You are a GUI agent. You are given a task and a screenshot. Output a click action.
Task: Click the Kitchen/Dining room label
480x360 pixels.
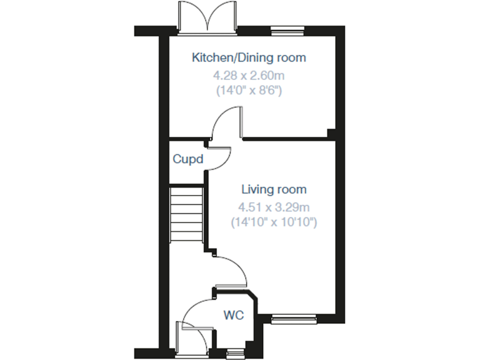click(249, 58)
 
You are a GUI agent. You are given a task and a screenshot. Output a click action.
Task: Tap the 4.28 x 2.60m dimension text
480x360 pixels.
click(249, 76)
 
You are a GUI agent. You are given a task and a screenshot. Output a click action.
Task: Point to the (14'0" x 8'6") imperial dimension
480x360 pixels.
click(249, 90)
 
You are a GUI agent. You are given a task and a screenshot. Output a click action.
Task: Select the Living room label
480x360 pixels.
click(274, 189)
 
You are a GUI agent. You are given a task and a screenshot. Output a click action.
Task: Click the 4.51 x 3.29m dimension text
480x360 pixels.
click(274, 207)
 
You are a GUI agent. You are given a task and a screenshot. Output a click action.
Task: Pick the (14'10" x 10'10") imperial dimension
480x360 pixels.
click(274, 221)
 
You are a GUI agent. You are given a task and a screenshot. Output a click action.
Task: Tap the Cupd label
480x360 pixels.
click(188, 159)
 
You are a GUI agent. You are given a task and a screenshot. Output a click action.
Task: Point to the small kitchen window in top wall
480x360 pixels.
click(288, 29)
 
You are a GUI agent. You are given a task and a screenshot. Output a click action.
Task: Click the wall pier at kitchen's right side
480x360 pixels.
click(332, 133)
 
